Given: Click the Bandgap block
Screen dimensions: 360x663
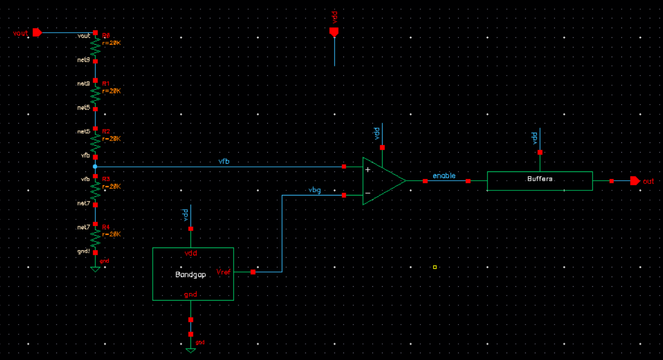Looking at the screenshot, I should pos(193,274).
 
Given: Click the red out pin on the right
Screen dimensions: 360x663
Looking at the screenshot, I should pos(635,181).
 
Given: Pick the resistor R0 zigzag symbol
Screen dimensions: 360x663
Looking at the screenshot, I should pos(95,47).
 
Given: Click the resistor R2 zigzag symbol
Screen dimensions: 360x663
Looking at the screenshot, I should pos(95,143).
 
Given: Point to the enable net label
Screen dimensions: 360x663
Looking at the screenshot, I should pos(444,176).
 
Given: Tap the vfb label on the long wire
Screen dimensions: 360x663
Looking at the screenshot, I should pos(224,161).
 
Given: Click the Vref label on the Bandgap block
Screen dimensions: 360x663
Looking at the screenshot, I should pos(224,272).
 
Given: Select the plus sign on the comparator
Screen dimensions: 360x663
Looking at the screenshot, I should pos(367,170).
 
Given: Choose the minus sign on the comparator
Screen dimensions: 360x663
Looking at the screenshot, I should pos(367,193).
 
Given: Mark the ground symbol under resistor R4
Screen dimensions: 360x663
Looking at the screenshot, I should pos(95,269).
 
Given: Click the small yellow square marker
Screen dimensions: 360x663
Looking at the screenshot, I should pos(434,267).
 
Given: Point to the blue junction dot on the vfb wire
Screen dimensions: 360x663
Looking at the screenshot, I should pos(95,166).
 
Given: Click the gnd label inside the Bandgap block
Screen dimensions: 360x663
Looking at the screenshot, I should pos(190,294).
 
